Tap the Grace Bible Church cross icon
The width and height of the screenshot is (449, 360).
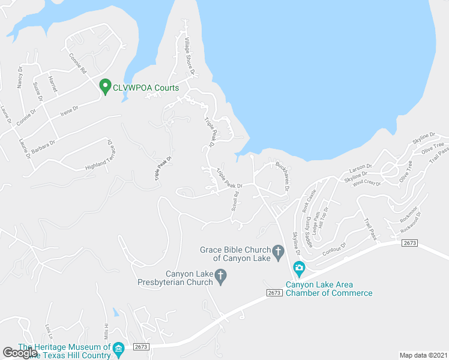click(278, 251)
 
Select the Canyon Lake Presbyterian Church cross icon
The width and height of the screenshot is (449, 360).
click(220, 277)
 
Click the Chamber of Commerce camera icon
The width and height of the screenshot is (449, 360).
click(299, 267)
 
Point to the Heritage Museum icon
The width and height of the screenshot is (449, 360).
click(118, 348)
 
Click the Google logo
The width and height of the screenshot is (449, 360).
click(20, 352)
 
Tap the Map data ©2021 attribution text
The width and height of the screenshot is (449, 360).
click(423, 355)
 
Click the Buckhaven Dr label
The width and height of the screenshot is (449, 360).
click(283, 175)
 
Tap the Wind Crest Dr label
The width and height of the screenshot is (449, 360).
click(367, 182)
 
